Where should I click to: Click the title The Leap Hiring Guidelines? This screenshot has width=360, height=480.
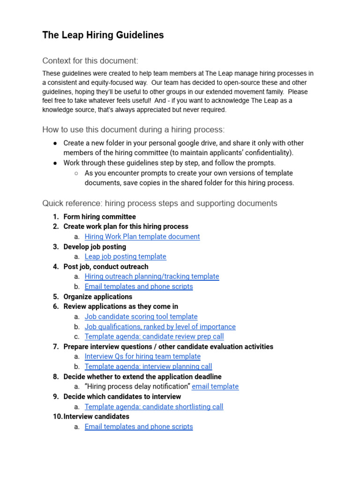pos(103,35)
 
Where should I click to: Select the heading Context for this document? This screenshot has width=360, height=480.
pos(90,61)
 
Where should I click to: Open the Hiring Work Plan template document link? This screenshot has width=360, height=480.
pos(142,237)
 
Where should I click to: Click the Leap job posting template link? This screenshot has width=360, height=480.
pos(125,256)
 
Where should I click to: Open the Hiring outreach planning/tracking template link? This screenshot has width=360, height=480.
pos(152,277)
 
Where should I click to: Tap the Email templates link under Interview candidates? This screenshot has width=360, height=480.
pos(139,427)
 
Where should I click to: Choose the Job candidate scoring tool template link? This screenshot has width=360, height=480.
pos(141,317)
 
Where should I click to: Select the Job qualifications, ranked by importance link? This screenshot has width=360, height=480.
pos(160,327)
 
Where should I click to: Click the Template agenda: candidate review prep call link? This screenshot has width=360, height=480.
pos(154,337)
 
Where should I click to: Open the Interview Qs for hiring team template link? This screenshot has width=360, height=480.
pos(142,357)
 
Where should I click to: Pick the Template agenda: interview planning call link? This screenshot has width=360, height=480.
pos(148,367)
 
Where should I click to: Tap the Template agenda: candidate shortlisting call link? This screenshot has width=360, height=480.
pos(154,407)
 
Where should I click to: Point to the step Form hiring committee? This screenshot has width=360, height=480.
pos(99,217)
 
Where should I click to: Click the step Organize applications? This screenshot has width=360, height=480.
pos(97,297)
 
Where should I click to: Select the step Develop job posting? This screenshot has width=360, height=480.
pos(95,247)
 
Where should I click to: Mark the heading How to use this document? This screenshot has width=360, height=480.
pos(133,130)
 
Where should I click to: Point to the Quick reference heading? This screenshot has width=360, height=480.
pos(159,203)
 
